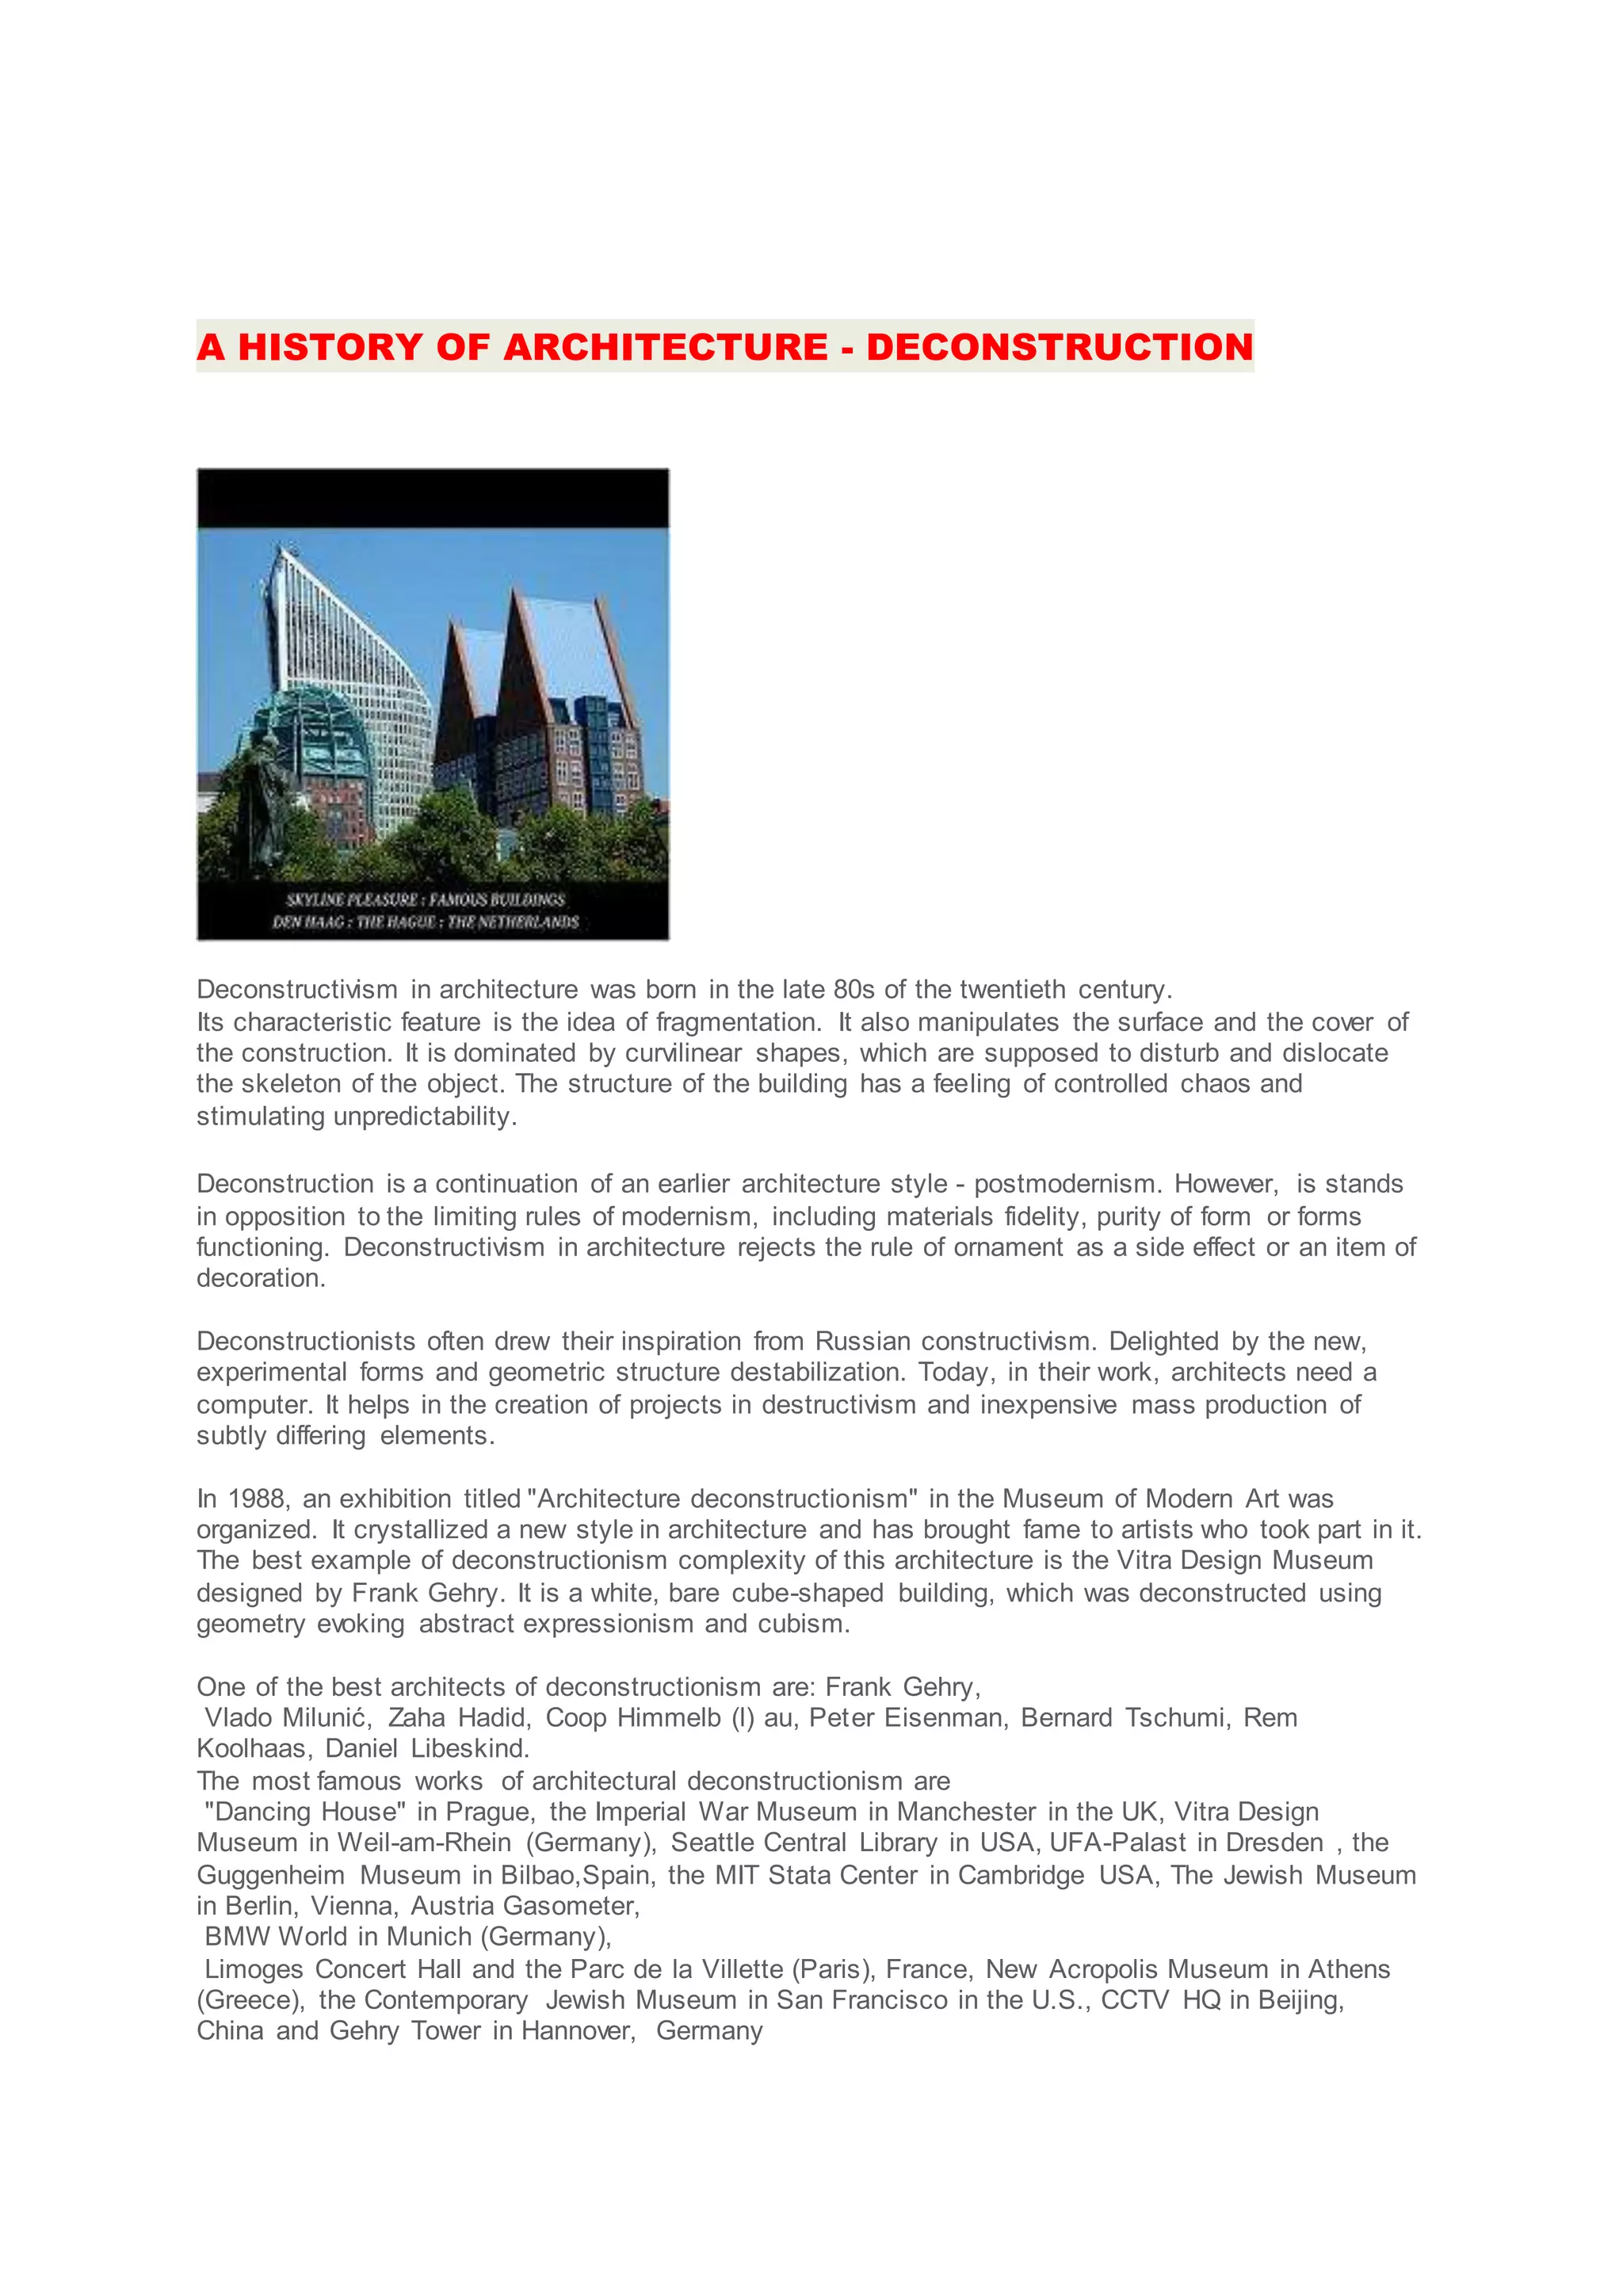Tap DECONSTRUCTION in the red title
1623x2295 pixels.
(x=1060, y=347)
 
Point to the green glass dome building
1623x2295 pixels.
(x=310, y=730)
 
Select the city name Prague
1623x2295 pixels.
(x=490, y=1812)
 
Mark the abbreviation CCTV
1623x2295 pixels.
(x=1134, y=1999)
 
